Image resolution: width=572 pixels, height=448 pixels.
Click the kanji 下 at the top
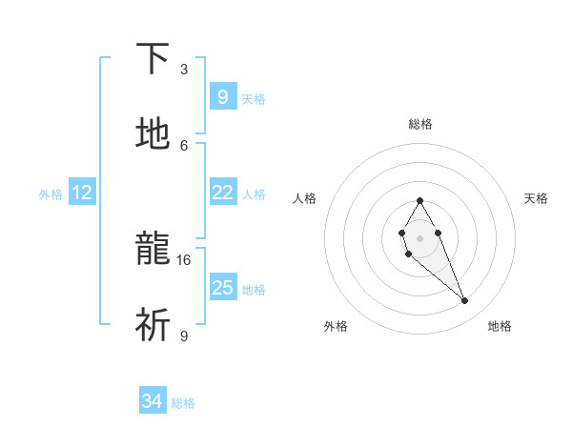153,59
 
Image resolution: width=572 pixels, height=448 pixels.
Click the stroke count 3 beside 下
184,70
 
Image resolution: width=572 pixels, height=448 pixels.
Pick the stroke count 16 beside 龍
184,259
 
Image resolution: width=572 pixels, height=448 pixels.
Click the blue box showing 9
222,96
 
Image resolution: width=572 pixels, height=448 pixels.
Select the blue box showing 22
222,193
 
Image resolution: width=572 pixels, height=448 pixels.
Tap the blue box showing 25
222,287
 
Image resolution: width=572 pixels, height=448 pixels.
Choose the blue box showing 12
82,193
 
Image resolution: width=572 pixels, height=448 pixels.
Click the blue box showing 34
153,401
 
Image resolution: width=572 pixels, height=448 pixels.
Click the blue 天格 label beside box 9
254,98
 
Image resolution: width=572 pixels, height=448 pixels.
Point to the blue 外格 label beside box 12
51,194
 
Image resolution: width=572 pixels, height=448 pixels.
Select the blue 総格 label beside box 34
183,403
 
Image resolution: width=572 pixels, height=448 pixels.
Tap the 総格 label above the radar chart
420,124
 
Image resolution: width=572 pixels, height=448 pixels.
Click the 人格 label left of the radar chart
305,198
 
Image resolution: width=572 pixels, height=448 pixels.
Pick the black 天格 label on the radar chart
537,198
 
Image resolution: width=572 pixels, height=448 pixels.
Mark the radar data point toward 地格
465,301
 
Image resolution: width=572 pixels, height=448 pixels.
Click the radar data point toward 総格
419,200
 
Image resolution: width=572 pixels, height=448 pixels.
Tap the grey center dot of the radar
419,236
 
